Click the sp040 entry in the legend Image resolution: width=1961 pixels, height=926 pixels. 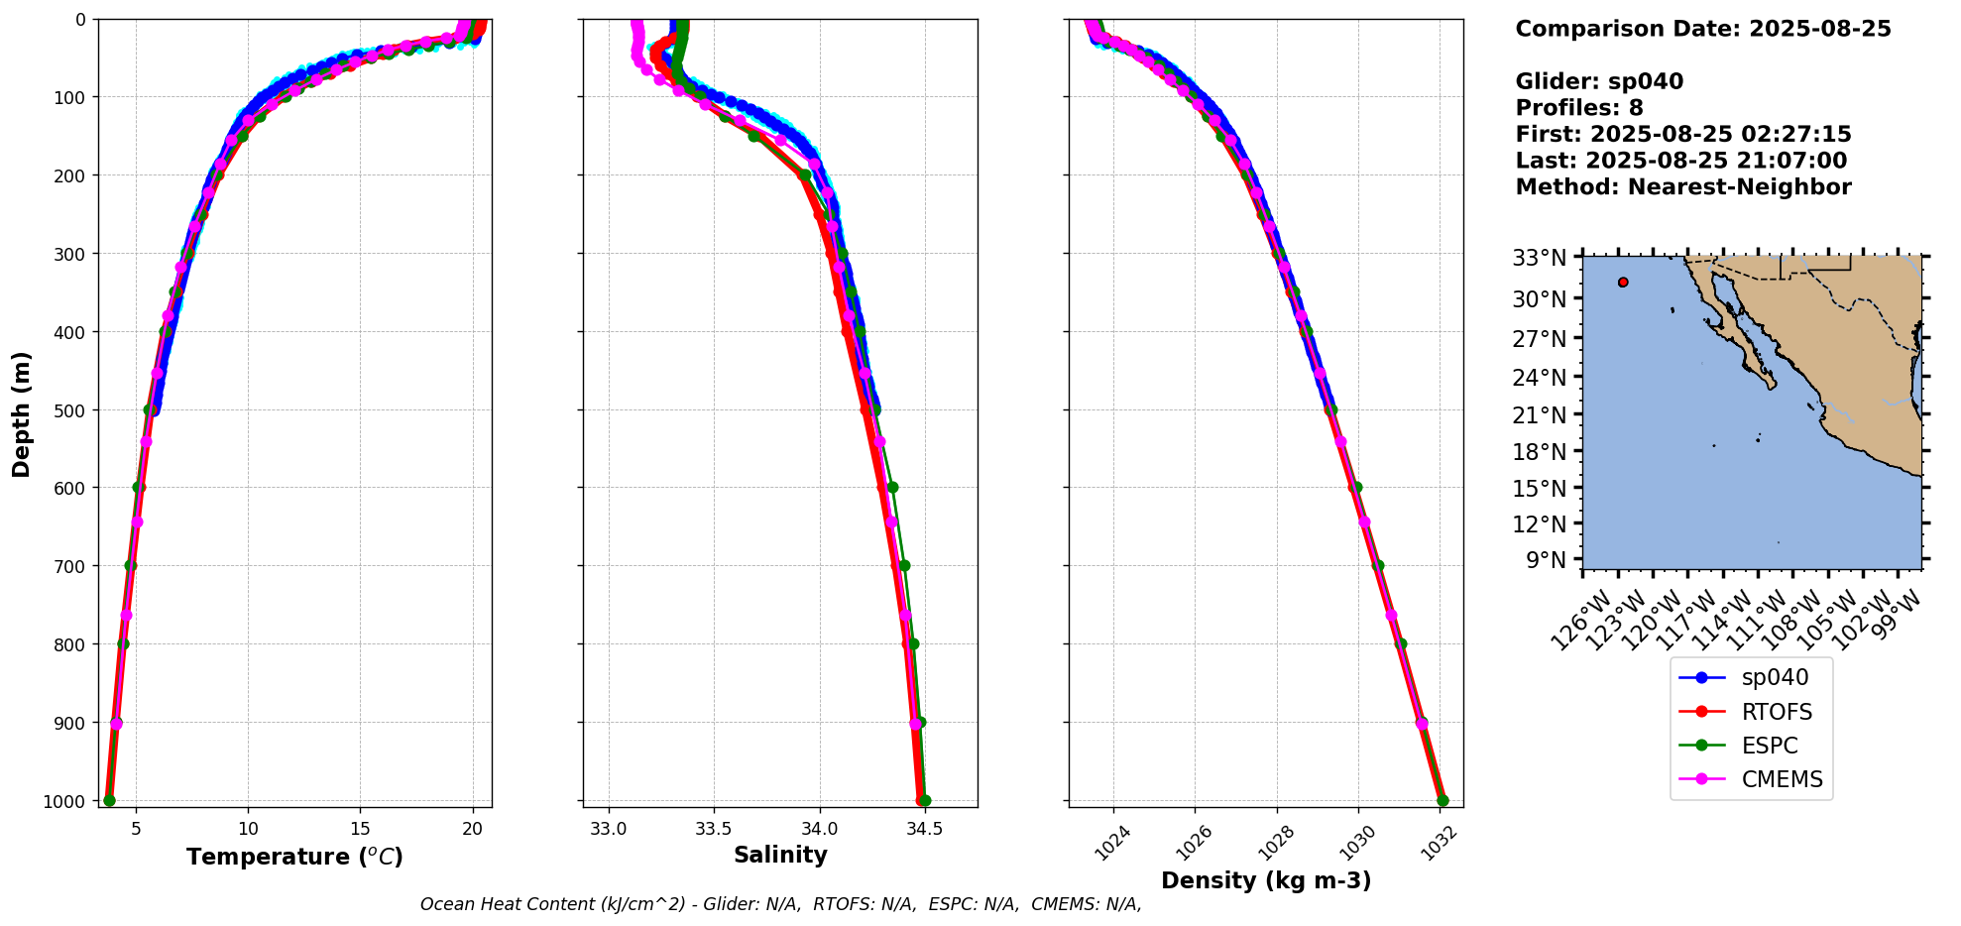pyautogui.click(x=1751, y=677)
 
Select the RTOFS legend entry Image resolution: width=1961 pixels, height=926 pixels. pyautogui.click(x=1751, y=712)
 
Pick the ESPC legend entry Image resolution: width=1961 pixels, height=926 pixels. pyautogui.click(x=1751, y=746)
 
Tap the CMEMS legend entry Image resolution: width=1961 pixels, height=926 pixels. pyautogui.click(x=1751, y=779)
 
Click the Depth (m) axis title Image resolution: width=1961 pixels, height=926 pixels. pyautogui.click(x=21, y=413)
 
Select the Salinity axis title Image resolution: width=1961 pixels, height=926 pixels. pyautogui.click(x=780, y=855)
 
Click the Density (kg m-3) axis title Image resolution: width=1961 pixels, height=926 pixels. pyautogui.click(x=1266, y=880)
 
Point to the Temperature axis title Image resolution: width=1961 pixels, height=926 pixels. pyautogui.click(x=294, y=857)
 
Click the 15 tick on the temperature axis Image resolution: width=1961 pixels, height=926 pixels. pyautogui.click(x=360, y=829)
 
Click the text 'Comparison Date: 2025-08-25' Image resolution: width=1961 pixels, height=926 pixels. pyautogui.click(x=1703, y=29)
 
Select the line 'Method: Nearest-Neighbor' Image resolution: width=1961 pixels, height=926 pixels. pyautogui.click(x=1683, y=187)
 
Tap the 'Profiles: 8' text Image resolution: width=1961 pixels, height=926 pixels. pyautogui.click(x=1579, y=108)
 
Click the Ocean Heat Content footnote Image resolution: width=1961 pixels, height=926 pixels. pyautogui.click(x=780, y=904)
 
